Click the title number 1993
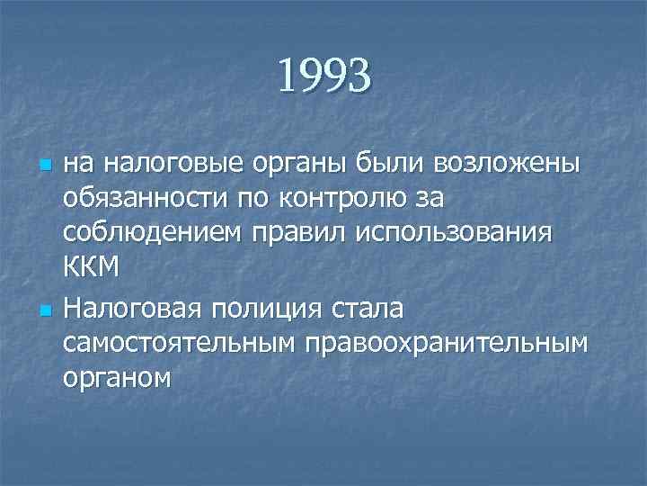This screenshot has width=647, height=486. tap(323, 76)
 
